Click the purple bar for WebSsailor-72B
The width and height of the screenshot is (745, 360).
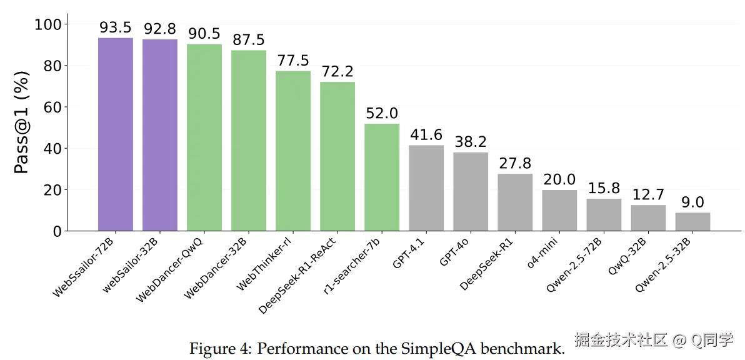(x=116, y=134)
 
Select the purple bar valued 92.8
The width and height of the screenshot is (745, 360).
(x=160, y=135)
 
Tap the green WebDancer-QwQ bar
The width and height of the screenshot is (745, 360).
(x=204, y=137)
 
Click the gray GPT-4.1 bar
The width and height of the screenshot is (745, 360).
(x=426, y=188)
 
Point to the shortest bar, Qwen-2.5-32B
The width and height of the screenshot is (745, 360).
(x=692, y=222)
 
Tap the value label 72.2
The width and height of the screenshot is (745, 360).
(x=337, y=72)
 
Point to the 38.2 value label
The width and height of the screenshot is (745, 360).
(x=471, y=142)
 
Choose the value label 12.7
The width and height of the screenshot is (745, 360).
(x=648, y=195)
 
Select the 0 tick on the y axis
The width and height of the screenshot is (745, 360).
(x=56, y=231)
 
